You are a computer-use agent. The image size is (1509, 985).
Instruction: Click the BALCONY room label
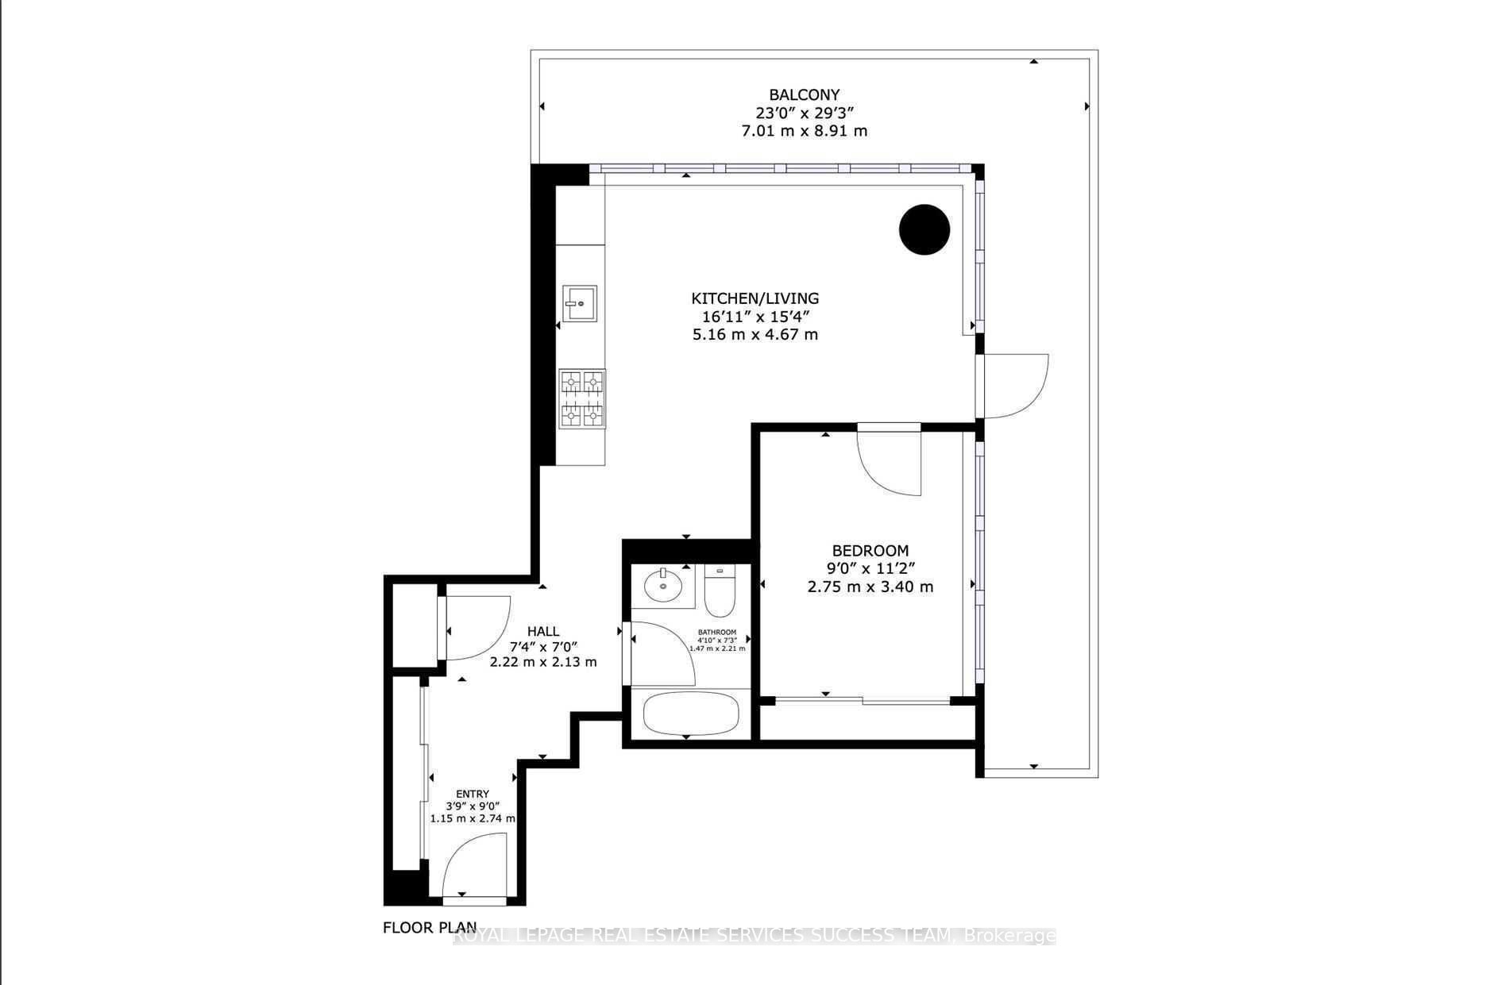[804, 95]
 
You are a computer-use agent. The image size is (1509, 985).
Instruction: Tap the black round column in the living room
[924, 229]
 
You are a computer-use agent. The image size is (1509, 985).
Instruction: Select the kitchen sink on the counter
[580, 302]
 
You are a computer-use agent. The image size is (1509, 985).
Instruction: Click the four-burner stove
[582, 399]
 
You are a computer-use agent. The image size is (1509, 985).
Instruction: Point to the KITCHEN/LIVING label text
[754, 298]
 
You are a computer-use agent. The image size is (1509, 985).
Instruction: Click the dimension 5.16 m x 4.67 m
[754, 334]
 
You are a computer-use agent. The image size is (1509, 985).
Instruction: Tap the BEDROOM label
[870, 550]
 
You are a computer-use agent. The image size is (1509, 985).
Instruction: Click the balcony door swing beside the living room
[1017, 387]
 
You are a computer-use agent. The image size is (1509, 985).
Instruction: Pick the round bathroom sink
[663, 586]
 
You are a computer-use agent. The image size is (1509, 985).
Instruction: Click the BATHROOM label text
[717, 632]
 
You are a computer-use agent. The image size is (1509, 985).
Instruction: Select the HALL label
[543, 631]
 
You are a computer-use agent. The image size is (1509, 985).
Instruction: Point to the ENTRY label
[473, 794]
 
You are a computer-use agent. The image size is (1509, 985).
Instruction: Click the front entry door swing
[474, 865]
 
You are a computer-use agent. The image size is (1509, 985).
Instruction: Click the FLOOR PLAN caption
[430, 927]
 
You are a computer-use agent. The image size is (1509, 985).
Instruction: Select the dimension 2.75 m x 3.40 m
[870, 587]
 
